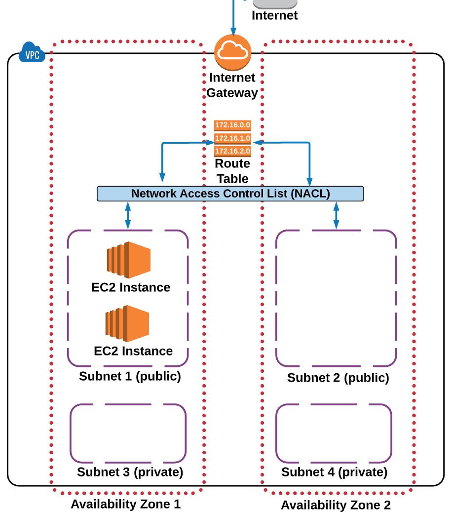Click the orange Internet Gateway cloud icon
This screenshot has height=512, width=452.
click(x=232, y=53)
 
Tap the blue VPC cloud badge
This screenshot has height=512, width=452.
click(x=32, y=53)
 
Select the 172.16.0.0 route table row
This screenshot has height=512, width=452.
click(x=232, y=125)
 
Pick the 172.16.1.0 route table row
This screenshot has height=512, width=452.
click(x=232, y=138)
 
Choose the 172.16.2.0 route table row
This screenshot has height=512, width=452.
click(x=232, y=151)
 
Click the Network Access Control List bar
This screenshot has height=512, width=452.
click(x=230, y=194)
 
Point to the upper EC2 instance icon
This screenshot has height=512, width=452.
click(x=128, y=260)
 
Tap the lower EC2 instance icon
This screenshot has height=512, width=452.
click(x=127, y=323)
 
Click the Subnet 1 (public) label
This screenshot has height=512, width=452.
click(x=130, y=376)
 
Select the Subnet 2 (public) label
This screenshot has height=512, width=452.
click(x=338, y=378)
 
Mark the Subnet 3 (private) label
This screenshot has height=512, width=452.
click(x=130, y=472)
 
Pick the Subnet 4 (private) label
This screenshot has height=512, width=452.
click(x=334, y=472)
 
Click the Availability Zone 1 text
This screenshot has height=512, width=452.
click(x=125, y=504)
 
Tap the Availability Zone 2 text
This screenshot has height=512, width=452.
click(x=336, y=505)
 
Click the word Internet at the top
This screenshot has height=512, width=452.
click(x=274, y=15)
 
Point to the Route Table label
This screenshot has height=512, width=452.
click(x=232, y=171)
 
